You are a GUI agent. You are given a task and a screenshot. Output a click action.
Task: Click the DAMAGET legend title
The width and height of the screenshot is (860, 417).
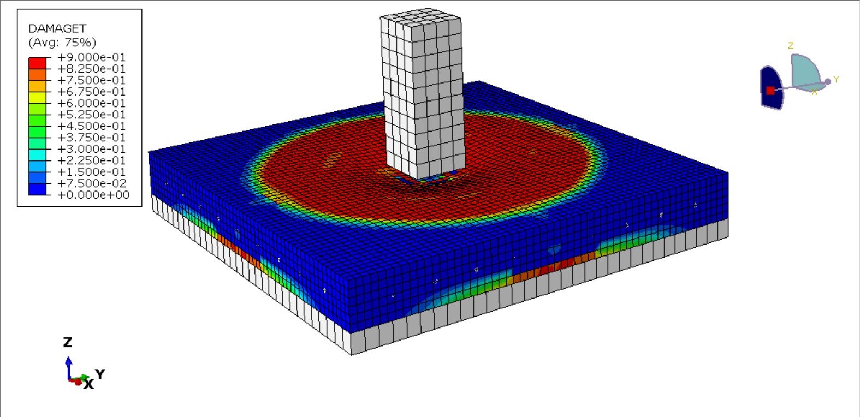coord(57,28)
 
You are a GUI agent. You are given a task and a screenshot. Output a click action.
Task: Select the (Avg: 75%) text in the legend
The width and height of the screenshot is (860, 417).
coord(62,42)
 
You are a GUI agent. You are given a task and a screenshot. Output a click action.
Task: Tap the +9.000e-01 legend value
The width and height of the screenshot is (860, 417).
coord(92,57)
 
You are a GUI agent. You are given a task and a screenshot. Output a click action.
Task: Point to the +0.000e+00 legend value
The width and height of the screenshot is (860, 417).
coord(93,195)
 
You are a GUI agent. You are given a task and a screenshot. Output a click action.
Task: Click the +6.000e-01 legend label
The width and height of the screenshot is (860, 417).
coord(92,103)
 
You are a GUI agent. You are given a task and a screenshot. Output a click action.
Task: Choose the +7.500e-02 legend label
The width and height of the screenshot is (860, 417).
coord(92,183)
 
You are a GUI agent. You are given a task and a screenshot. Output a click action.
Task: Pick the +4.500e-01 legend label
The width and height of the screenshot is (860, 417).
coord(92,126)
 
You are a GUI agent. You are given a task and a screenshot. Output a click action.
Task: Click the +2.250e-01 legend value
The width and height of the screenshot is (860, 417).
coord(92,160)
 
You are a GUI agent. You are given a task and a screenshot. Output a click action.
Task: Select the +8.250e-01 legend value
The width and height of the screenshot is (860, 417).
coord(92,69)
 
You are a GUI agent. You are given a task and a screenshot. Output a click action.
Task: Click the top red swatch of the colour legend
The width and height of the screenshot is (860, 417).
coord(37,63)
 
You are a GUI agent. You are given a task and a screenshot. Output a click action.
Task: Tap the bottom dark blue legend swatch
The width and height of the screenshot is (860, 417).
coord(37,189)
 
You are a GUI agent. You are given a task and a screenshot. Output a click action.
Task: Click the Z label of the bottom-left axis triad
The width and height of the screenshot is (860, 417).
coord(68,342)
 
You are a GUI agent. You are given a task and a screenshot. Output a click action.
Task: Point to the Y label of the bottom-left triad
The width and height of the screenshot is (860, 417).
coord(100,374)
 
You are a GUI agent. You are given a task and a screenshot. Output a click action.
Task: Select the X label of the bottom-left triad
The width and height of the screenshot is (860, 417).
coord(88,384)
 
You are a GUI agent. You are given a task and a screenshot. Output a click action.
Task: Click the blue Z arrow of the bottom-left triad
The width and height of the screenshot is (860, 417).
coord(68,366)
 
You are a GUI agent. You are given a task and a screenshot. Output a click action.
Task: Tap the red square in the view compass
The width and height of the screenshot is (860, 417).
coord(770,91)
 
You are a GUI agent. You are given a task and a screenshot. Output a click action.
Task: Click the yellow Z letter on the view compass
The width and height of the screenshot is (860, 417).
coord(791,46)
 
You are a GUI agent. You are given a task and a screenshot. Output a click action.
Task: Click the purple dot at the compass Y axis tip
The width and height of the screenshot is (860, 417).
coord(828,81)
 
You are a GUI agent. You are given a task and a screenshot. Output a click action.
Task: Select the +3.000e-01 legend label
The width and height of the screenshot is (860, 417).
coord(92,149)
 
